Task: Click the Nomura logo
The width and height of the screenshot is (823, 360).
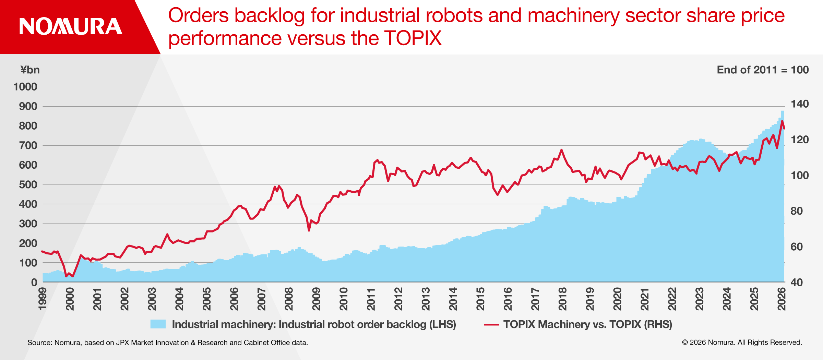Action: point(71,26)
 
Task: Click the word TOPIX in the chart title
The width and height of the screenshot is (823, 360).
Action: point(413,38)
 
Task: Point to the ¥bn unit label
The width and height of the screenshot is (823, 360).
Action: point(30,70)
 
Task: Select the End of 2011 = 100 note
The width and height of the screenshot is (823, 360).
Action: point(763,70)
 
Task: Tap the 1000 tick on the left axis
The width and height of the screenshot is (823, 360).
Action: point(25,87)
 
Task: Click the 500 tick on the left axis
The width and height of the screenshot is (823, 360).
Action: point(28,184)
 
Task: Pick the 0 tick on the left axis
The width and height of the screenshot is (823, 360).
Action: point(34,282)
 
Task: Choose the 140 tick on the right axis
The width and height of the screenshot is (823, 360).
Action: point(800,104)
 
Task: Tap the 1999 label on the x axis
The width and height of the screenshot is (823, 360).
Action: point(43,299)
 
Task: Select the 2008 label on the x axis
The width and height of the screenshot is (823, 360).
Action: point(289,299)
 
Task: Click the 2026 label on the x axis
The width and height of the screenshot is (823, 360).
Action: point(782,299)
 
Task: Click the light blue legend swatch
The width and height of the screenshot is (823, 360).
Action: point(158,324)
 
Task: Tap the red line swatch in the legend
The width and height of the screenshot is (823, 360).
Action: point(491,324)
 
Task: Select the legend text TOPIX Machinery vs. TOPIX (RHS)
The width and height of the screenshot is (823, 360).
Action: point(588,324)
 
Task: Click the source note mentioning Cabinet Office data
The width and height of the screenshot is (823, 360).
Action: point(168,343)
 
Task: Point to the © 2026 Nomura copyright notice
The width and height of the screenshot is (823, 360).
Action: point(742,343)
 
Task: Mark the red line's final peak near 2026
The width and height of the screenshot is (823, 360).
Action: point(782,121)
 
